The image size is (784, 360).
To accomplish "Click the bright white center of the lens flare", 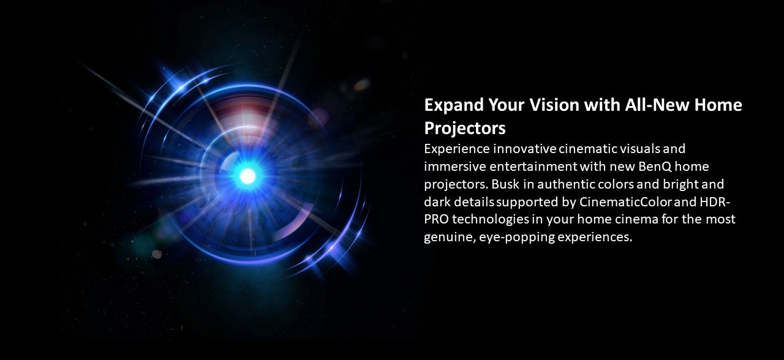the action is (x=248, y=176).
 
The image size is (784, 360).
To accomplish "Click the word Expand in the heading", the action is (x=454, y=105).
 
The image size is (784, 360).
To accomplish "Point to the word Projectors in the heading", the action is (x=465, y=129).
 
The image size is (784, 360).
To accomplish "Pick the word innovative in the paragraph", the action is (x=525, y=149).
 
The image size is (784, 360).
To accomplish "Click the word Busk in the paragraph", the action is (x=505, y=184).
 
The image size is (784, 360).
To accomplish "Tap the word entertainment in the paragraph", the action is (x=533, y=167).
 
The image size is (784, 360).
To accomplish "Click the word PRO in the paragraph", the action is (x=436, y=219).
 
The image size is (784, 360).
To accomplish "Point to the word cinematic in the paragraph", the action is (x=587, y=149).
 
